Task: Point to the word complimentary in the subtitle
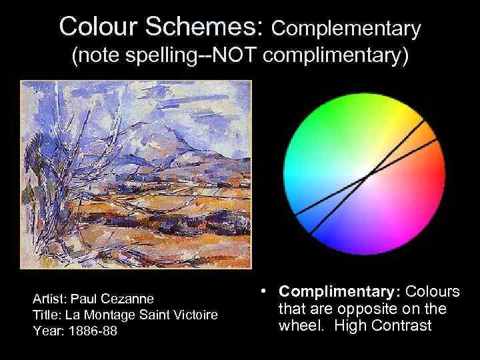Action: pos(335,59)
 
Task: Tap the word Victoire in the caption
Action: pos(196,315)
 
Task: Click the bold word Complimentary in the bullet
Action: pos(338,292)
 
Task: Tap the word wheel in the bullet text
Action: pos(297,326)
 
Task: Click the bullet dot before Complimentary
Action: pos(265,291)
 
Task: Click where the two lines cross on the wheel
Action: pos(369,176)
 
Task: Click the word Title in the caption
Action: pos(45,315)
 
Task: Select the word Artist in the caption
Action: pos(49,298)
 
